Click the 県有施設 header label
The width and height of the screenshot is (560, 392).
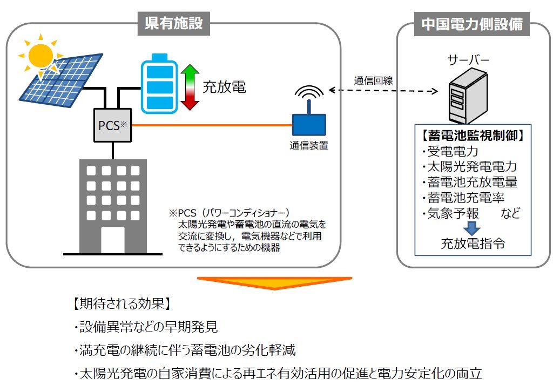[173, 24]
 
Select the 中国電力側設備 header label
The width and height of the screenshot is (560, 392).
[472, 24]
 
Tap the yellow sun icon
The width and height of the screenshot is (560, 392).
[41, 55]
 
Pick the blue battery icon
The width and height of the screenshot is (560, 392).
[159, 84]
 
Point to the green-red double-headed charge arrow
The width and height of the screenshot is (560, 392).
[190, 87]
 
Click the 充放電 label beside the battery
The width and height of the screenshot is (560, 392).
[224, 87]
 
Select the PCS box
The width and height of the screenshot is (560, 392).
[112, 125]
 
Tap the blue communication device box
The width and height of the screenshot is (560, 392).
[309, 125]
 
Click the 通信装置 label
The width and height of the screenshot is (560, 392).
[309, 146]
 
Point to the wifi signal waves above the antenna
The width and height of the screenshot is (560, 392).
[309, 91]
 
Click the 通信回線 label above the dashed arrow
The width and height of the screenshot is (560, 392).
[373, 80]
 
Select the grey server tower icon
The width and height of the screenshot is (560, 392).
[468, 96]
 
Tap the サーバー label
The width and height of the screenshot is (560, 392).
[468, 60]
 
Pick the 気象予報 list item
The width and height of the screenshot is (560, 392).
[453, 213]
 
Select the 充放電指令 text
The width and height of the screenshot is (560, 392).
[473, 244]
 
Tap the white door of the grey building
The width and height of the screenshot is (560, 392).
[113, 240]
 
